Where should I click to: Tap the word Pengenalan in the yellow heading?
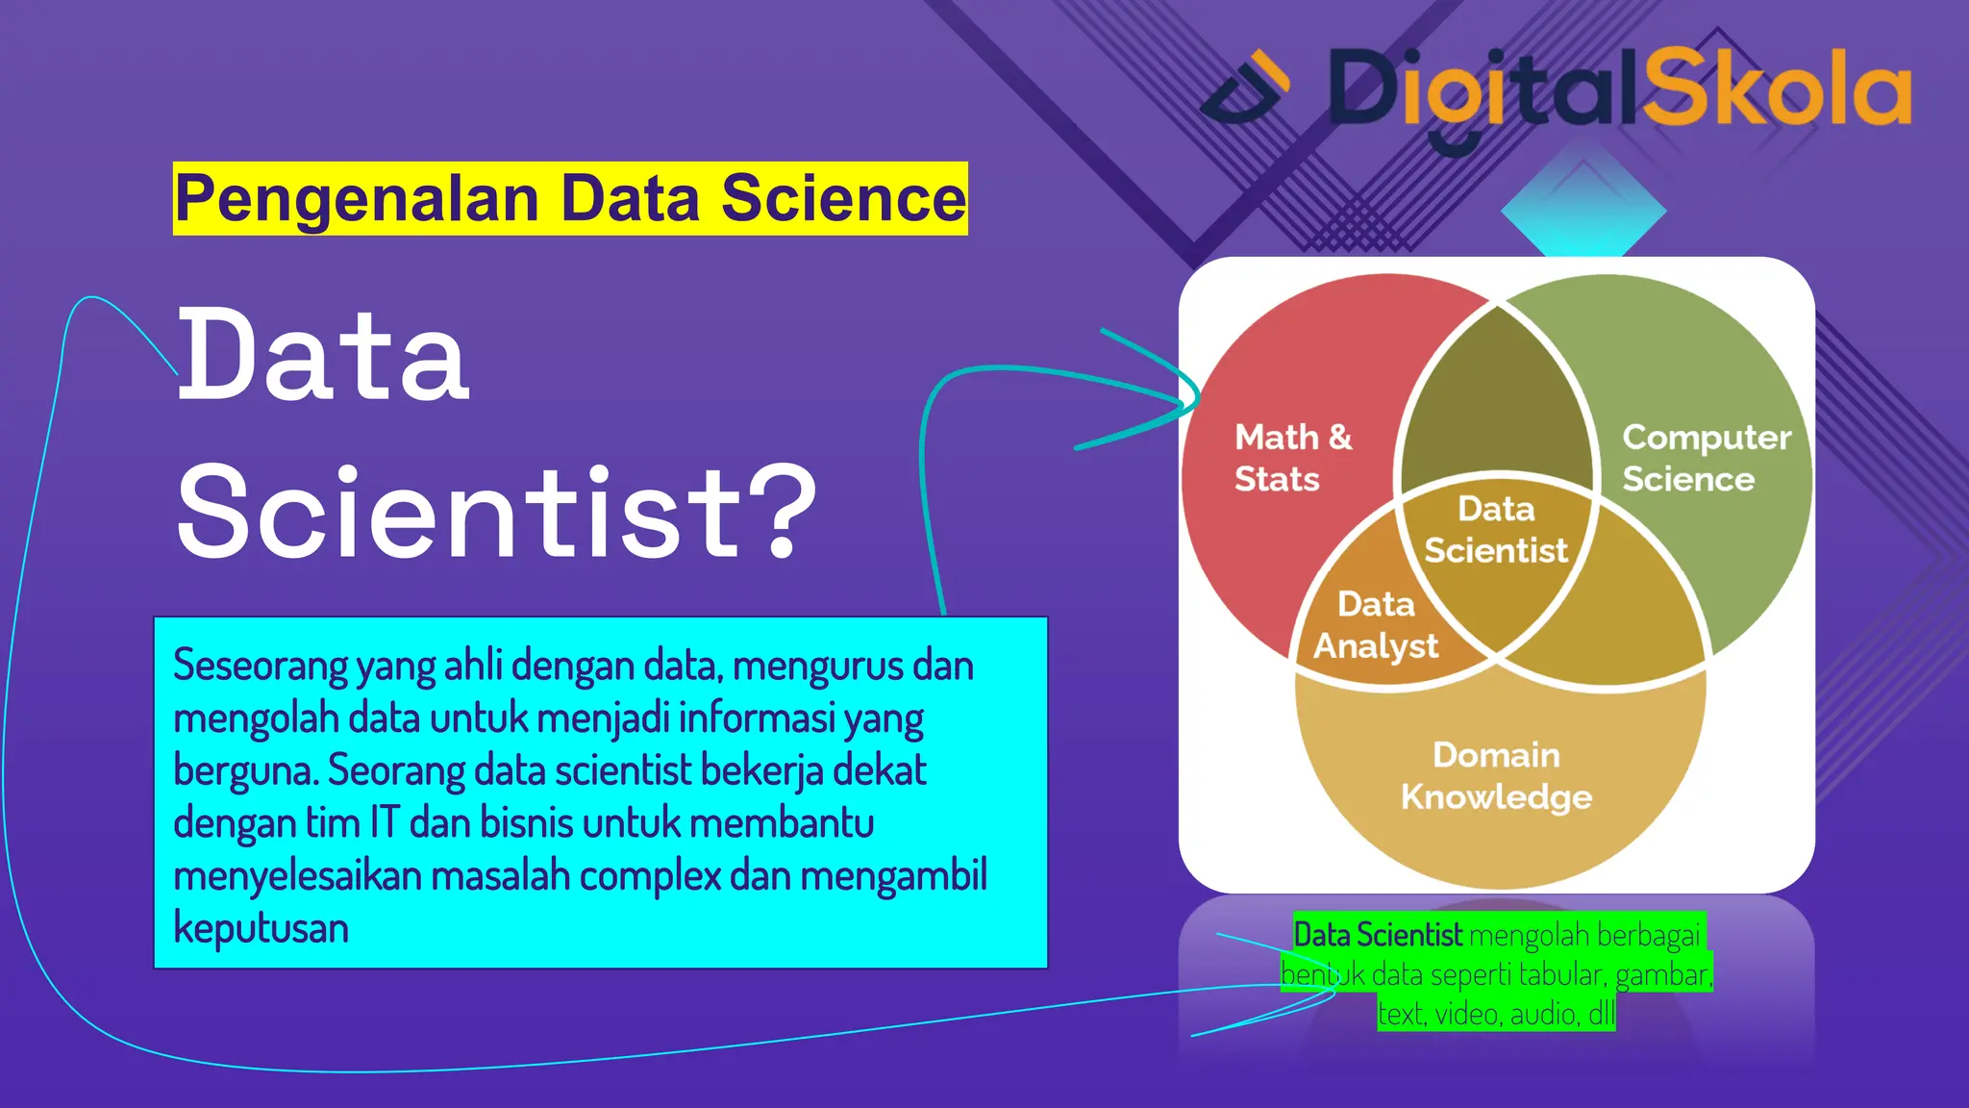tap(357, 199)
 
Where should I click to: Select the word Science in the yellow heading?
tap(843, 199)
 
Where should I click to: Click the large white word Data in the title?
tap(323, 356)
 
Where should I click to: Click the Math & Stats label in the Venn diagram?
tap(1291, 458)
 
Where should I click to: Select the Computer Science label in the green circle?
tap(1705, 458)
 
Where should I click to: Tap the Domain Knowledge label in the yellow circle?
tap(1496, 775)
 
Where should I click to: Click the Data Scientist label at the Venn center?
tap(1495, 530)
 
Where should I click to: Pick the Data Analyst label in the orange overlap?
tap(1376, 625)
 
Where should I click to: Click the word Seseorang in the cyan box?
tap(261, 666)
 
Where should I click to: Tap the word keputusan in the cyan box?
tap(261, 928)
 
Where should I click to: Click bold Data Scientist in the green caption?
tap(1377, 935)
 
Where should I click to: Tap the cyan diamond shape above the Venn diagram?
tap(1583, 214)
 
